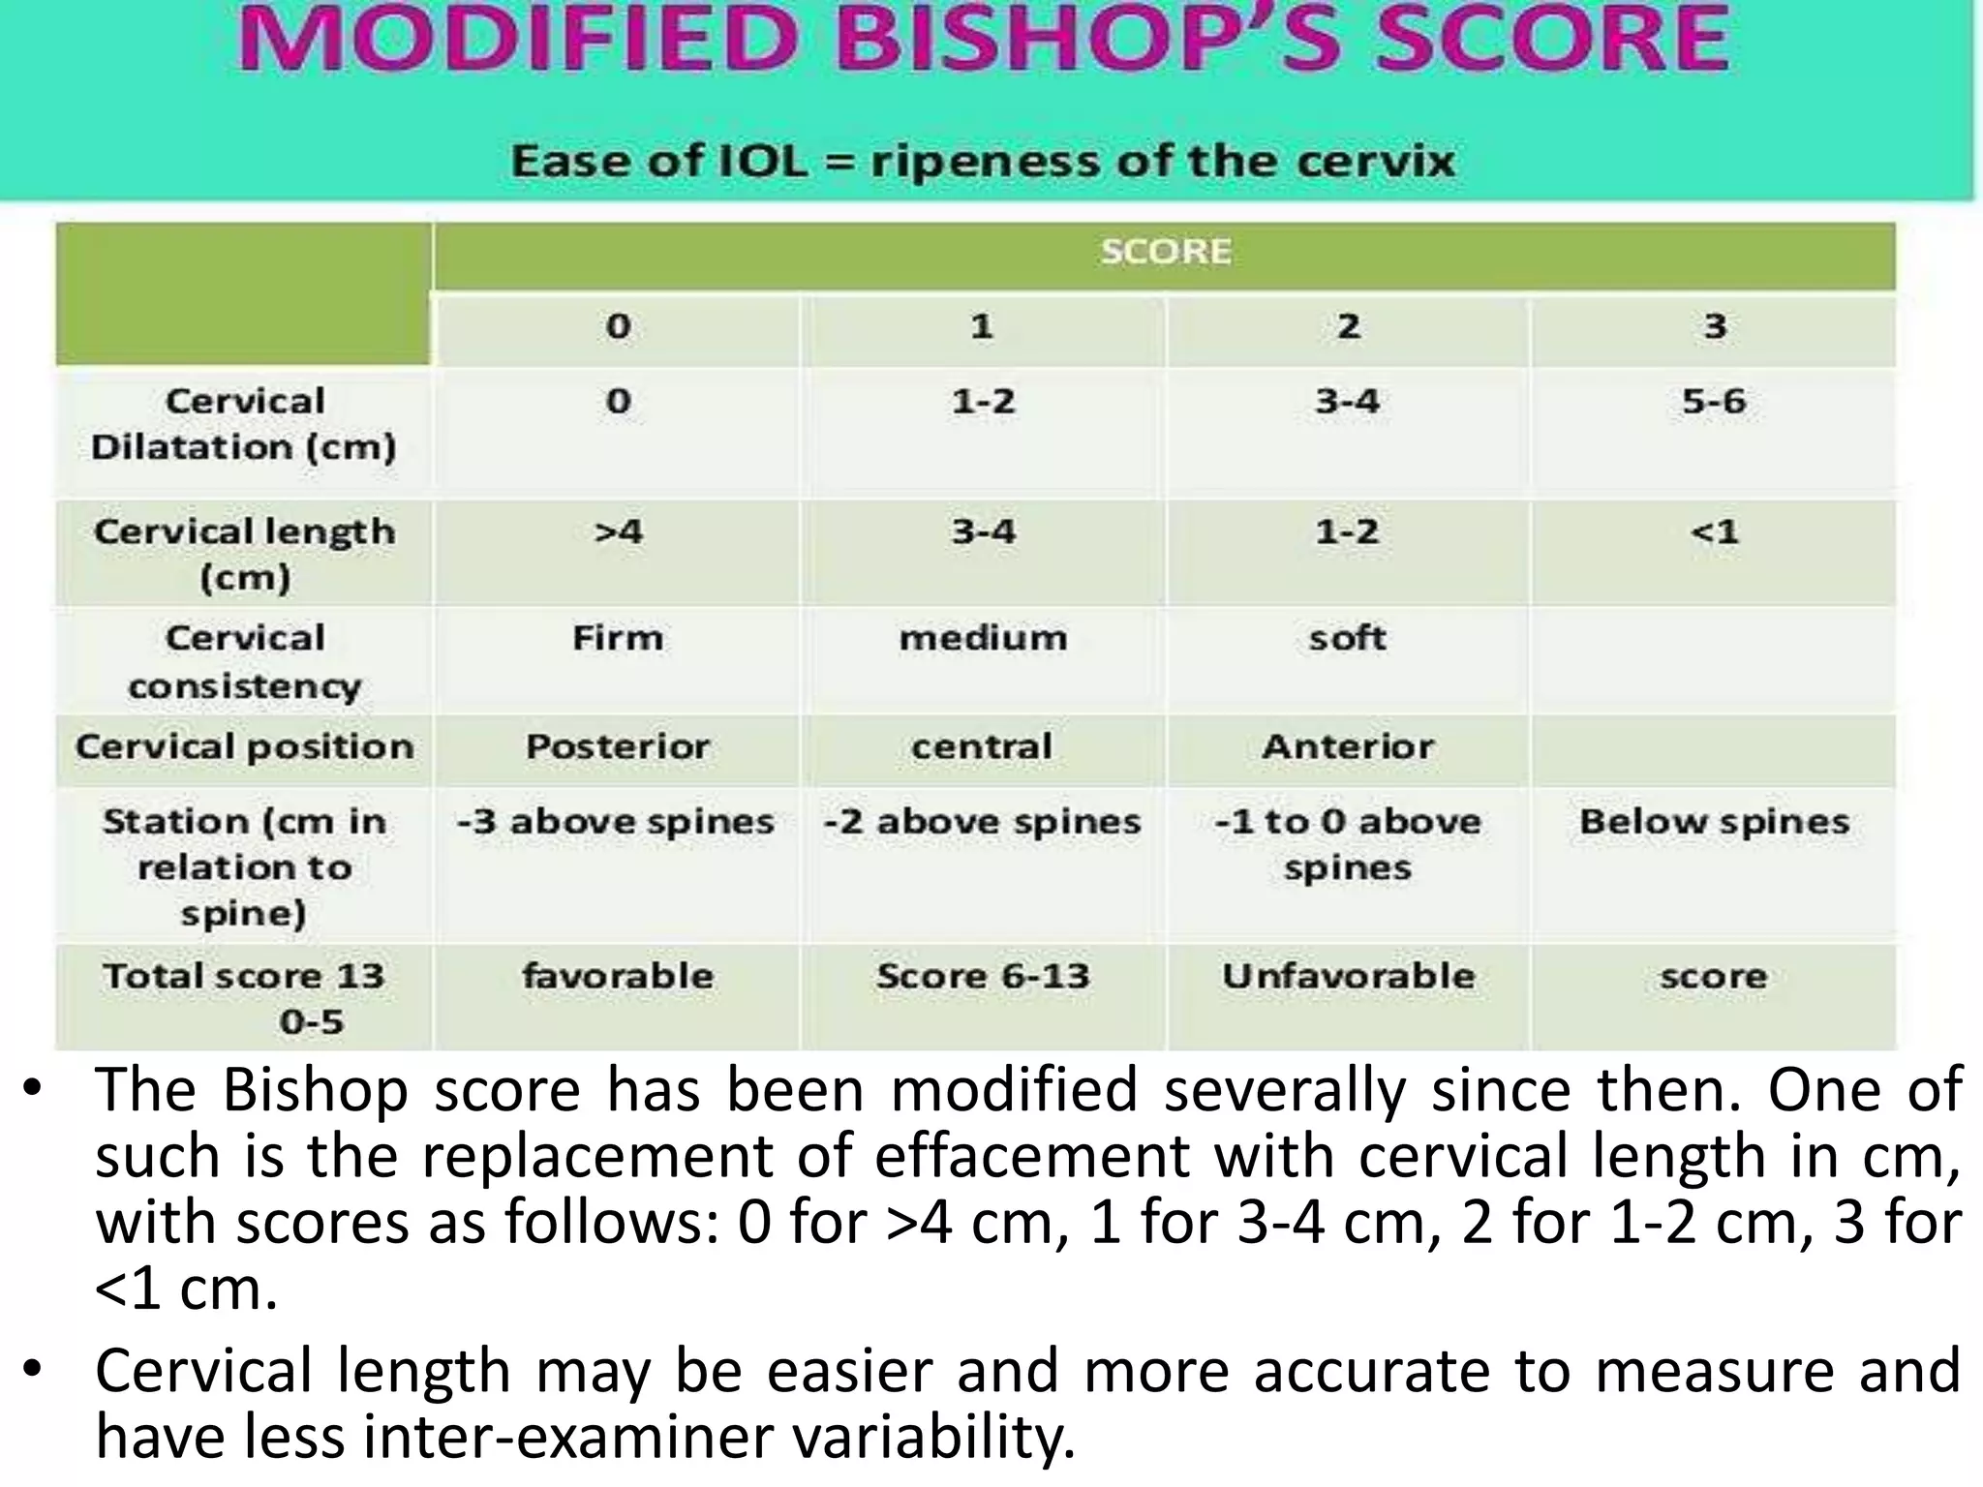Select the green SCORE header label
tap(1165, 252)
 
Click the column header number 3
tap(1714, 326)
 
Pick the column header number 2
tap(1347, 326)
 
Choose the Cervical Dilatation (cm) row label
tap(244, 424)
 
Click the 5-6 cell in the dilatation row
tap(1713, 401)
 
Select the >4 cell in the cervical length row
tap(618, 531)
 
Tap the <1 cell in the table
tap(1714, 531)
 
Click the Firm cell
tap(618, 638)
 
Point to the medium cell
tap(983, 638)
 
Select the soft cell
tap(1347, 638)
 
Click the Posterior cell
tap(618, 746)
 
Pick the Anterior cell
tap(1347, 746)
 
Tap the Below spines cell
tap(1714, 822)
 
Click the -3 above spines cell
tap(616, 822)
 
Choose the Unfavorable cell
tap(1348, 976)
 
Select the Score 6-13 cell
tap(983, 976)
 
